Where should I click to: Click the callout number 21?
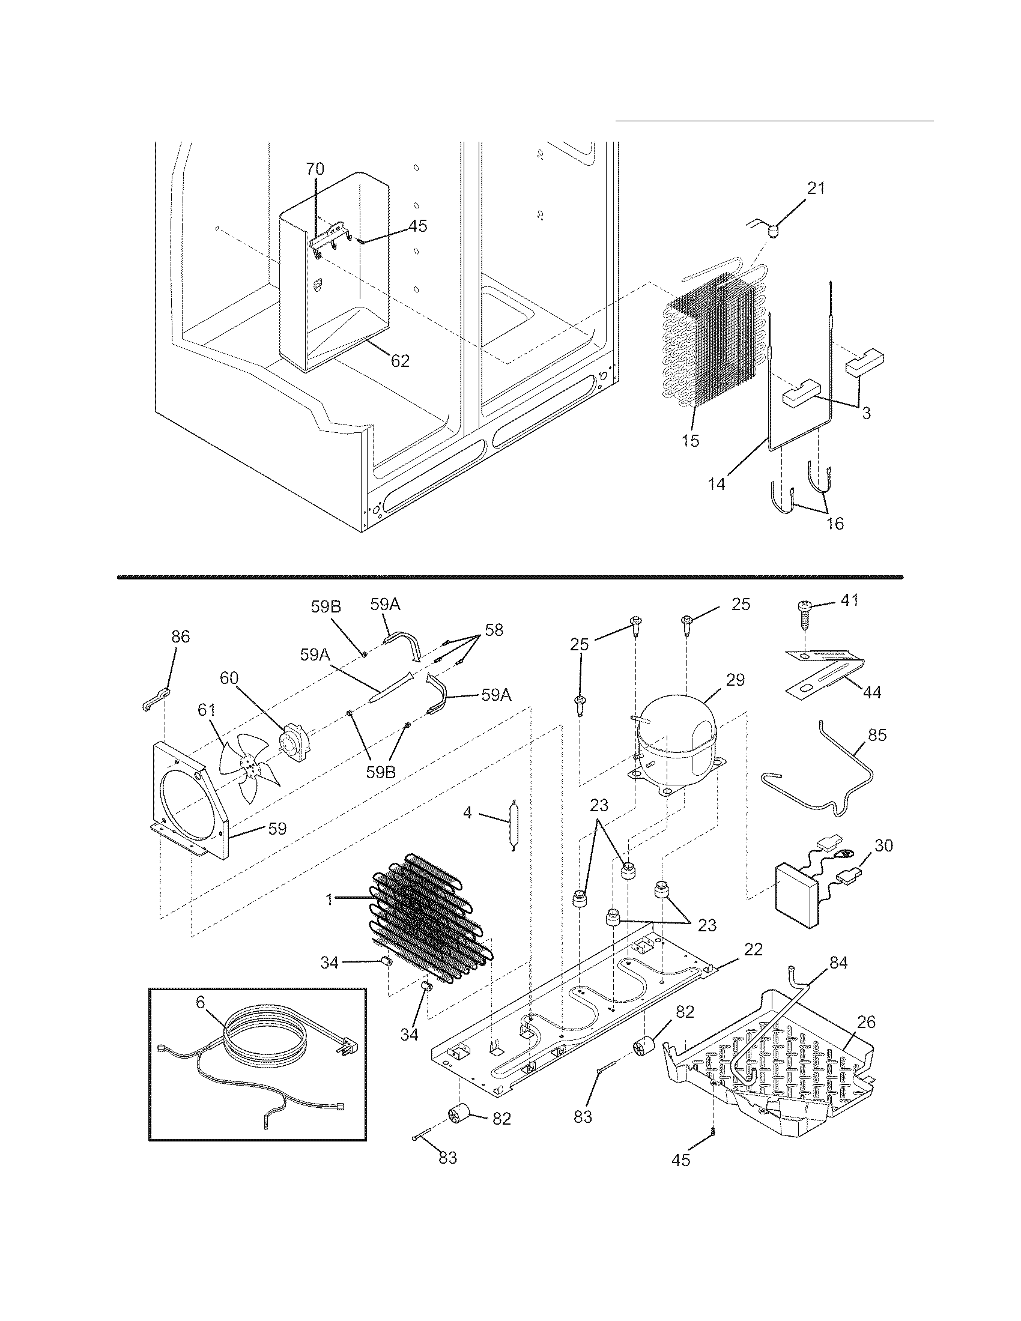(816, 188)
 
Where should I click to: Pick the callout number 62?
(400, 361)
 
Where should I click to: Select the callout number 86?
(180, 636)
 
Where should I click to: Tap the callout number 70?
(315, 169)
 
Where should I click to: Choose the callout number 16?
(835, 523)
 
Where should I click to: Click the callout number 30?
(883, 845)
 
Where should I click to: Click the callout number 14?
(717, 484)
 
